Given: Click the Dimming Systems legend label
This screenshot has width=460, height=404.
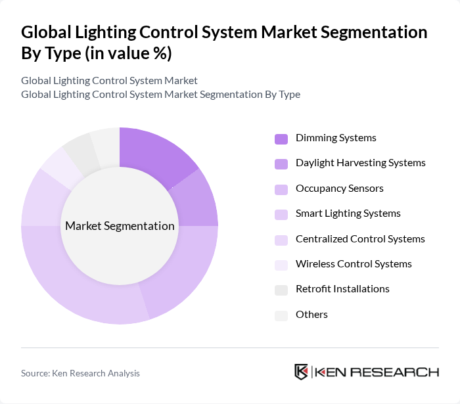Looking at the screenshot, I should point(336,138).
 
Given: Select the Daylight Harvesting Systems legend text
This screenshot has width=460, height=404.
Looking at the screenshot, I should point(360,163).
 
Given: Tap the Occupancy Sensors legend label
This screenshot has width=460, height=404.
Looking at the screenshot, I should point(339,189).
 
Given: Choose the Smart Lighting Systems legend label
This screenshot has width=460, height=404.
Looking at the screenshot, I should point(348,213).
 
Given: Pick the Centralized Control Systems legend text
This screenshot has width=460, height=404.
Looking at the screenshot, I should point(360,239).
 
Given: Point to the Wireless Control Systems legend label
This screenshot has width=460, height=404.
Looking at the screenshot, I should point(354,264).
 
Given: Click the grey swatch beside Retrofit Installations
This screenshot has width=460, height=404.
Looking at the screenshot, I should point(281,290).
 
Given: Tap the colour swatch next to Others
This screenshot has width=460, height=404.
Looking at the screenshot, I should point(281,315).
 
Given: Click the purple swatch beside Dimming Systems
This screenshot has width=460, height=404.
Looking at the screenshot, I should point(281,139).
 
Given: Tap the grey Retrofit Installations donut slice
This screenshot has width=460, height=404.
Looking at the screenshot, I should point(78,150).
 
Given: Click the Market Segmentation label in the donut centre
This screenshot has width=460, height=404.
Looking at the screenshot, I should point(120,226).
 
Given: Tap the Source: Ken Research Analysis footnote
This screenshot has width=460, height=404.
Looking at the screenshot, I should point(80,373).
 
